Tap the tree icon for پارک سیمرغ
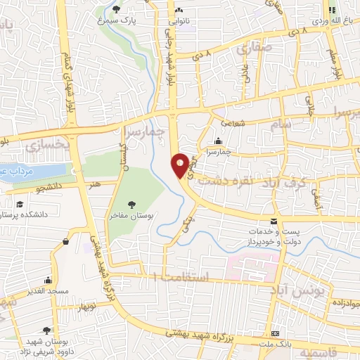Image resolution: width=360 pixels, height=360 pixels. pos(117,9)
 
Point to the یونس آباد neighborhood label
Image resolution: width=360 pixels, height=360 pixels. pos(288,289)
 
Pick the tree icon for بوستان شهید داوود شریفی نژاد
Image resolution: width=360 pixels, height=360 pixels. pos(46,330)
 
